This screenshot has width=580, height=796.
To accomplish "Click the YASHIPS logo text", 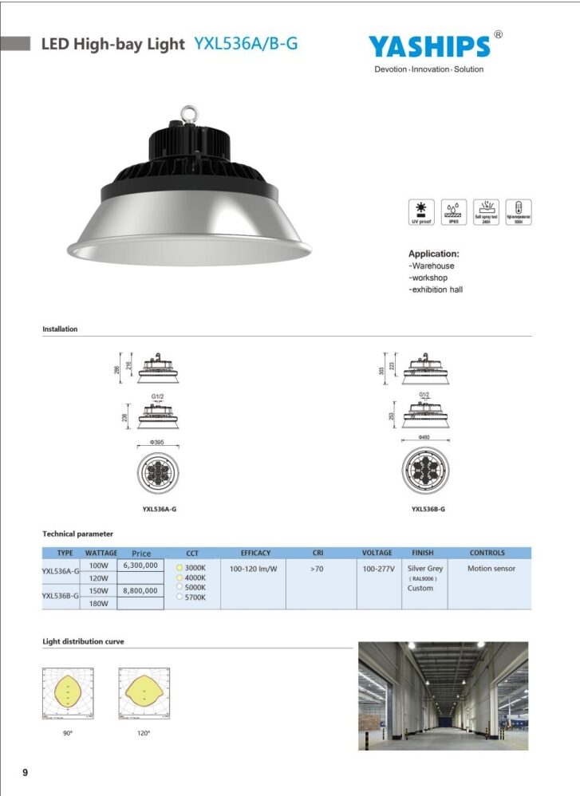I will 429,46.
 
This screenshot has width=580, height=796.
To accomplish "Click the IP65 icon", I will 452,211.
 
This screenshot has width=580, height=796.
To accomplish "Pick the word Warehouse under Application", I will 432,266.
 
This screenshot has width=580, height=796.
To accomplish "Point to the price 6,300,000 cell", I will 140,565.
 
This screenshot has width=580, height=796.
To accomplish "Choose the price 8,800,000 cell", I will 140,591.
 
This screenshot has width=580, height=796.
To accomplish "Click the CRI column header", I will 318,553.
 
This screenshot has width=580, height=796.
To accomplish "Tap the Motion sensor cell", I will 491,569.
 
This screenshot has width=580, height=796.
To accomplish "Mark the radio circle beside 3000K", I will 180,568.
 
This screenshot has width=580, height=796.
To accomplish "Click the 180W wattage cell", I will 98,604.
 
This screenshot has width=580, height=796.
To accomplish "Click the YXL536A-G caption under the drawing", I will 159,509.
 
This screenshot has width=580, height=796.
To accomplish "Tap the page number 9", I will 25,772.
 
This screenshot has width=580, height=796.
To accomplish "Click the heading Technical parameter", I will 77,534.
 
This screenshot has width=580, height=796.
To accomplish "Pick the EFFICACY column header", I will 255,553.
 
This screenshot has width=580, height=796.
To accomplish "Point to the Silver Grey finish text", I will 424,569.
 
